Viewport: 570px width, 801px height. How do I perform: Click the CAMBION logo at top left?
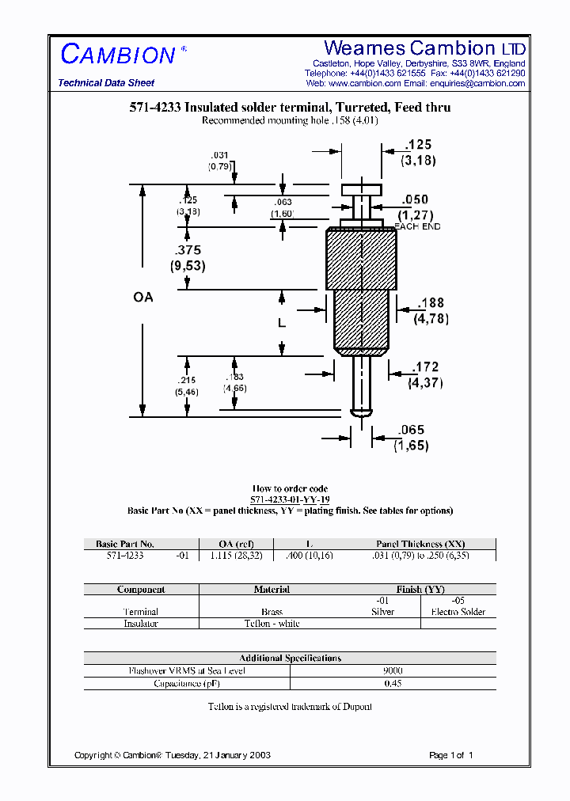point(118,55)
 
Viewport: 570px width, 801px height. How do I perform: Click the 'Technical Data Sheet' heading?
point(106,83)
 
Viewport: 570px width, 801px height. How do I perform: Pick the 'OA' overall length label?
point(143,298)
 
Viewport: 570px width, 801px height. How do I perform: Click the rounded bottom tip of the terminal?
point(361,412)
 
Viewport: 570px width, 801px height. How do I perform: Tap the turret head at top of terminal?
point(361,190)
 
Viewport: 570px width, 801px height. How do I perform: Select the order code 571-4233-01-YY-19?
point(290,500)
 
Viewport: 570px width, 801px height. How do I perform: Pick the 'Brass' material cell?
point(272,612)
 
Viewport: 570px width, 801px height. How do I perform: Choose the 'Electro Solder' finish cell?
point(458,612)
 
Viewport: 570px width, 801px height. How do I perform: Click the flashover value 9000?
point(393,670)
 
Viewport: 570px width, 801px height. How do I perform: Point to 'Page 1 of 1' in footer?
point(450,755)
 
